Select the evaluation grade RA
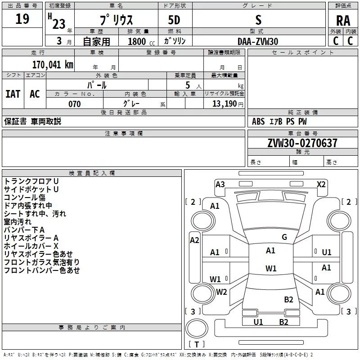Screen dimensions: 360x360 pyautogui.click(x=343, y=20)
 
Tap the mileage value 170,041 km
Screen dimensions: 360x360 pyautogui.click(x=53, y=64)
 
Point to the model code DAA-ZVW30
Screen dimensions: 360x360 pyautogui.click(x=258, y=41)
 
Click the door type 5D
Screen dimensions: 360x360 pyautogui.click(x=174, y=20)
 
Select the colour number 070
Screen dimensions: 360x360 pyautogui.click(x=74, y=104)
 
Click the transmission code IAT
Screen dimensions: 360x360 pyautogui.click(x=13, y=94)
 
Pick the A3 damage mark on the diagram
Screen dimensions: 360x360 pyautogui.click(x=220, y=184)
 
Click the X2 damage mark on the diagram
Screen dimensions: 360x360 pyautogui.click(x=321, y=184)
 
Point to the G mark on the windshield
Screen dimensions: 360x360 pyautogui.click(x=284, y=237)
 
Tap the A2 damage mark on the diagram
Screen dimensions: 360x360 pyautogui.click(x=194, y=240)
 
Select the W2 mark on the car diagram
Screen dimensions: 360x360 pyautogui.click(x=221, y=292)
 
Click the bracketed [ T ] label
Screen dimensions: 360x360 pyautogui.click(x=197, y=345)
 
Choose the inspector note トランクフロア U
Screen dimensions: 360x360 pyautogui.click(x=31, y=181)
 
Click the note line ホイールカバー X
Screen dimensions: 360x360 pyautogui.click(x=31, y=246)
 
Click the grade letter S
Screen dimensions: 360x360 pyautogui.click(x=258, y=20)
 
